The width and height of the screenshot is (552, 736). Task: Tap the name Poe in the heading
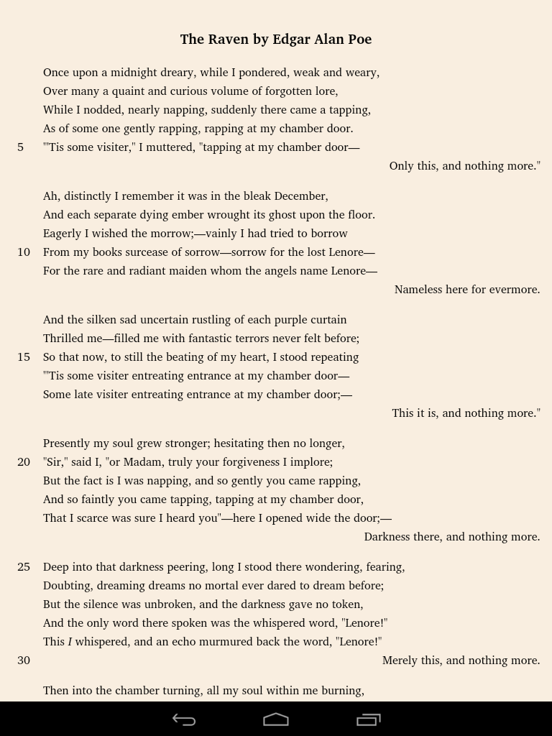[359, 40]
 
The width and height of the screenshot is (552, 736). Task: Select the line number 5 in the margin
[21, 147]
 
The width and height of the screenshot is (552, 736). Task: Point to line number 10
[24, 252]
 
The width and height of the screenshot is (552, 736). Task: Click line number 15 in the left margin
[24, 357]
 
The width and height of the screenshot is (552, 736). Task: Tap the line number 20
[24, 462]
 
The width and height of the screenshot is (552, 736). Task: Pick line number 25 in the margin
[24, 567]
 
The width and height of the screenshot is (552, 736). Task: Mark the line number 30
[24, 661]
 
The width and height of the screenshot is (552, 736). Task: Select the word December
[300, 196]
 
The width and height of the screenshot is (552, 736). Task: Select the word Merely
[400, 661]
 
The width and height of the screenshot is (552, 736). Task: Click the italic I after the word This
[70, 642]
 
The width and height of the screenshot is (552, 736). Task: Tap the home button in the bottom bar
[276, 719]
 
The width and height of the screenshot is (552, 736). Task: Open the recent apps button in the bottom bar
[369, 719]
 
